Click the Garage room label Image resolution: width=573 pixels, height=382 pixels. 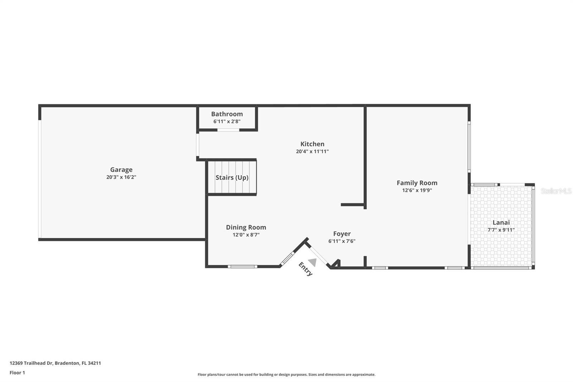pyautogui.click(x=121, y=170)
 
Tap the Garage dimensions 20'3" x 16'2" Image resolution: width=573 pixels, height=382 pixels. pyautogui.click(x=121, y=177)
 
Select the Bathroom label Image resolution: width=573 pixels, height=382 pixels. pyautogui.click(x=227, y=114)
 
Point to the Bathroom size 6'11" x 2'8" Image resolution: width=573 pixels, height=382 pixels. pyautogui.click(x=227, y=121)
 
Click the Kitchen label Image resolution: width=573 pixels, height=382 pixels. pyautogui.click(x=312, y=144)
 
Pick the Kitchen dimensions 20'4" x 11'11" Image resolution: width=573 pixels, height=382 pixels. pyautogui.click(x=312, y=152)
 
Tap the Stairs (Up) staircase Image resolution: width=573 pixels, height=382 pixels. pyautogui.click(x=232, y=178)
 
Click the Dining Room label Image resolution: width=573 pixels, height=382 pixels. pyautogui.click(x=246, y=227)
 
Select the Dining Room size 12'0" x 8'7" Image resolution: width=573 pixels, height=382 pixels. pyautogui.click(x=246, y=235)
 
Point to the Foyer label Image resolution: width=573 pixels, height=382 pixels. pyautogui.click(x=342, y=234)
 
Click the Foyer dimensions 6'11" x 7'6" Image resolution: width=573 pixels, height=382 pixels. pyautogui.click(x=342, y=241)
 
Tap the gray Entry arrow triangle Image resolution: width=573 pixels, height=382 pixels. pyautogui.click(x=313, y=262)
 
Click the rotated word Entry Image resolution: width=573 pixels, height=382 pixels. pyautogui.click(x=305, y=269)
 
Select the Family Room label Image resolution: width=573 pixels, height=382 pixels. pyautogui.click(x=417, y=183)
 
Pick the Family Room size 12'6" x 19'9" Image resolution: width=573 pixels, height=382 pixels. pyautogui.click(x=417, y=190)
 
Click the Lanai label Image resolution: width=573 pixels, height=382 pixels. pyautogui.click(x=501, y=223)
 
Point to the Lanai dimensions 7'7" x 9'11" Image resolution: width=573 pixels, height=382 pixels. pyautogui.click(x=501, y=230)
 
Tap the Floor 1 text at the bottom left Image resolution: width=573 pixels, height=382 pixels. pyautogui.click(x=17, y=373)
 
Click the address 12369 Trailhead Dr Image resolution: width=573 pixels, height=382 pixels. pyautogui.click(x=32, y=363)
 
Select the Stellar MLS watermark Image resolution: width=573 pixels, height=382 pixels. pyautogui.click(x=556, y=191)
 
